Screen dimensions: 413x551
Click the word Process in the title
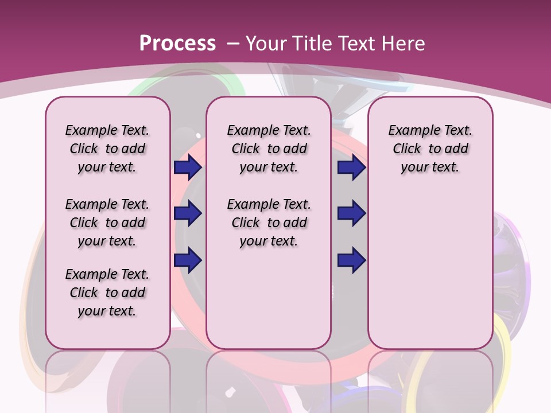tap(177, 44)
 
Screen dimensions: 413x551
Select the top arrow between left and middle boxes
tap(188, 167)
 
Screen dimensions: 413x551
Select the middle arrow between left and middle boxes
tap(188, 214)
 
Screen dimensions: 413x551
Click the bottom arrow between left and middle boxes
tap(188, 260)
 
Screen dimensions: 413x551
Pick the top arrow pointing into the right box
tap(351, 167)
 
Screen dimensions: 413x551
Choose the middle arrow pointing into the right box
tap(351, 214)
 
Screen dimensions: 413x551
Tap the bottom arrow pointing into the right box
tap(351, 260)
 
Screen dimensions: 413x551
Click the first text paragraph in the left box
tap(107, 149)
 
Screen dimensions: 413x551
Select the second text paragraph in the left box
tap(107, 223)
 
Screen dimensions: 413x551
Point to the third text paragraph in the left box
tap(107, 293)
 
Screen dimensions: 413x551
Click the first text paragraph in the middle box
tap(269, 149)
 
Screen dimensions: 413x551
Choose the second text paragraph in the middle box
tap(269, 223)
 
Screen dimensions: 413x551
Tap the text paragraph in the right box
tap(430, 149)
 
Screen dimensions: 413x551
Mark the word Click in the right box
tap(407, 149)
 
